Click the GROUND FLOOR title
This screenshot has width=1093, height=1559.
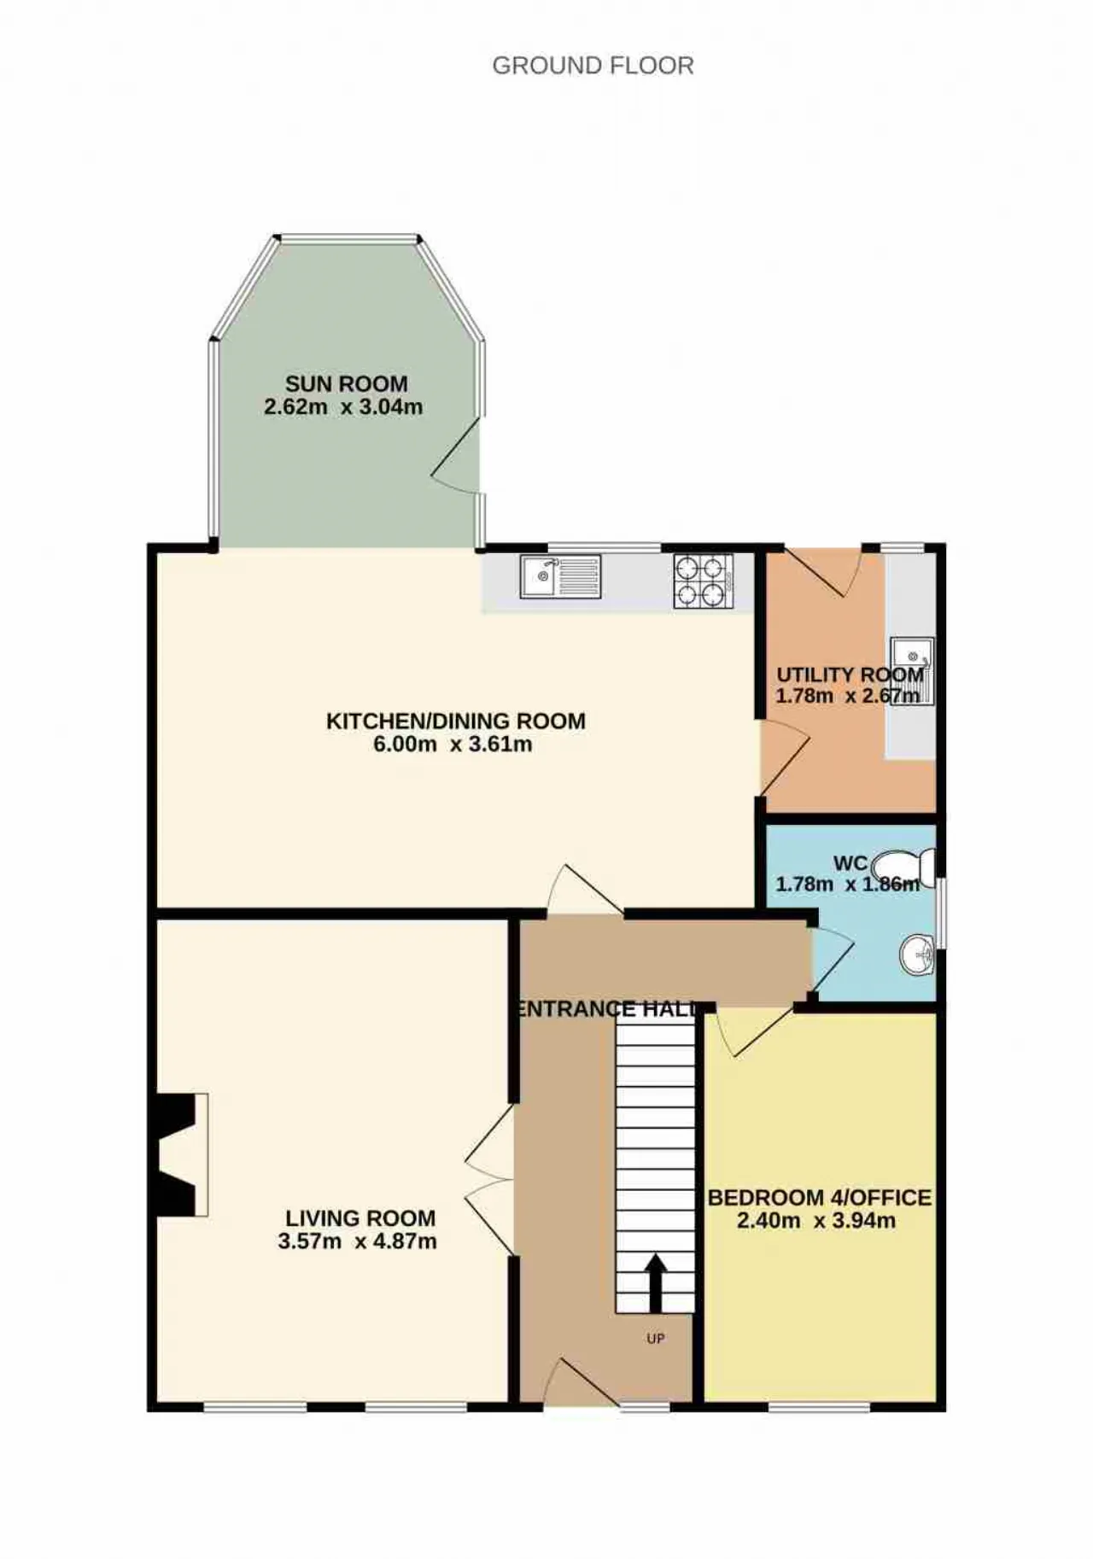coord(593,66)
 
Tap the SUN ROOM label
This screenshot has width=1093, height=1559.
coord(346,384)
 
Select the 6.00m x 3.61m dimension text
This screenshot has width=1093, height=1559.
coord(453,744)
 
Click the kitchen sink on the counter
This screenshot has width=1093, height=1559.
coord(560,575)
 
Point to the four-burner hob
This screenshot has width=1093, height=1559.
coord(704,581)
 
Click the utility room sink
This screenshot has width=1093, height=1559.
coord(912,671)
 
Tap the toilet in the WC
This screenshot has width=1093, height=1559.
coord(908,860)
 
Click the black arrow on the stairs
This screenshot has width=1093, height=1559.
coord(655,1282)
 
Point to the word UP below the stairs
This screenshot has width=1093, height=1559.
coord(655,1339)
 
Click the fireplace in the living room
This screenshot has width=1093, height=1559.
coord(179,1154)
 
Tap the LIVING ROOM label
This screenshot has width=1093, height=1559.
coord(359,1218)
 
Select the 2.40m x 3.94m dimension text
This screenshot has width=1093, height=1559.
coord(816,1221)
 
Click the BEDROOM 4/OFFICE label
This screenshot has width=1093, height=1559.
coord(820,1198)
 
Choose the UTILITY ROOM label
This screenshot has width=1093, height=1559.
coord(850,674)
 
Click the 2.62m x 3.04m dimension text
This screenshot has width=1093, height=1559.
coord(343,407)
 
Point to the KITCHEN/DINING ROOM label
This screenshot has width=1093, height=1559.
coord(456,721)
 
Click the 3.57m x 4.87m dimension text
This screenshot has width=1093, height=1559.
coord(357,1241)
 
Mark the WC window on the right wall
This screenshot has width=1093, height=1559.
coord(941,912)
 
